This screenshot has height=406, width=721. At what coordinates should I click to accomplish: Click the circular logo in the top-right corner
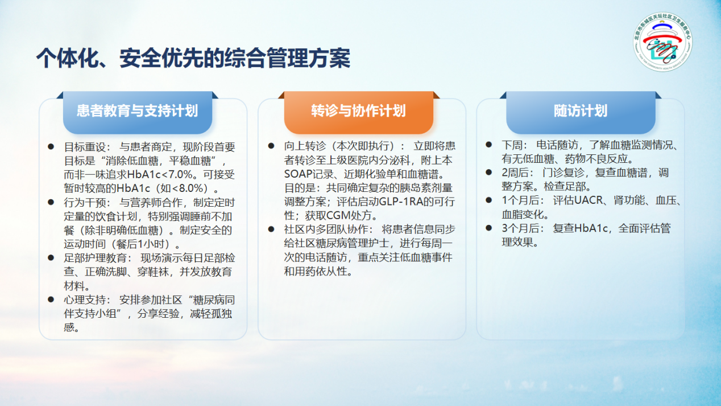663,42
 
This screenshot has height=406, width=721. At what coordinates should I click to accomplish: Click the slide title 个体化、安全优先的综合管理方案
193,58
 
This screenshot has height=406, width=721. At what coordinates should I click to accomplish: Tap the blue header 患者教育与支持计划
138,111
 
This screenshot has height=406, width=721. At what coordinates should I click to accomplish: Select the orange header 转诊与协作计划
359,111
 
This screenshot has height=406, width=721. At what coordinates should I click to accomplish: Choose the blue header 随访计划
581,111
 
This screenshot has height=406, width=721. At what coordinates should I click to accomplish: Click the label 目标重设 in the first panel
85,147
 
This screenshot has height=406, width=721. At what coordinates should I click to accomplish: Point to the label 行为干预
85,203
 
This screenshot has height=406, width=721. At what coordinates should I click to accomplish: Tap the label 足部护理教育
96,258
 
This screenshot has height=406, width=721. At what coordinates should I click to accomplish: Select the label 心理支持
85,300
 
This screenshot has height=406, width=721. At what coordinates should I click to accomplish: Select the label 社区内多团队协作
326,229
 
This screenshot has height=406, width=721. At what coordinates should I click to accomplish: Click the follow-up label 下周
512,145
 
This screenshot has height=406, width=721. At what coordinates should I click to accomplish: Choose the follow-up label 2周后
515,173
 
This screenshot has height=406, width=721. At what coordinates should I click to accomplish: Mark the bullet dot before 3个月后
489,228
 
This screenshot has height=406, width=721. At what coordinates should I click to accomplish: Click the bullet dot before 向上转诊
271,146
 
